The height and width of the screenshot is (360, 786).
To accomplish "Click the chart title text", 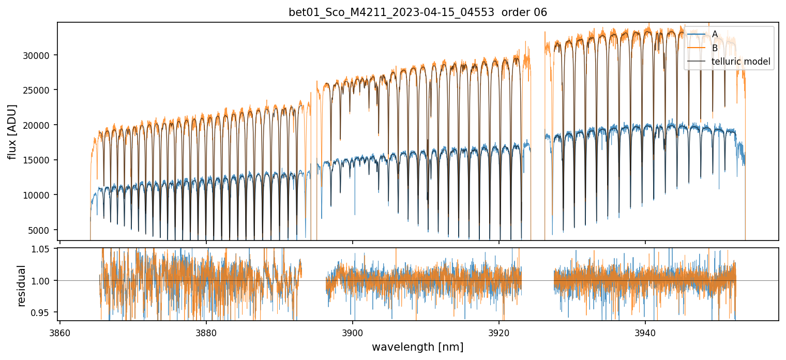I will [x=417, y=12].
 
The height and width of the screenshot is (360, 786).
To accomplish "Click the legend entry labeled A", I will [x=715, y=34].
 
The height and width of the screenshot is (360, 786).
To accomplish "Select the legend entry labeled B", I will [x=715, y=48].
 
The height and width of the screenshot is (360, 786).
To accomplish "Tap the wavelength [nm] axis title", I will [x=417, y=347].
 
